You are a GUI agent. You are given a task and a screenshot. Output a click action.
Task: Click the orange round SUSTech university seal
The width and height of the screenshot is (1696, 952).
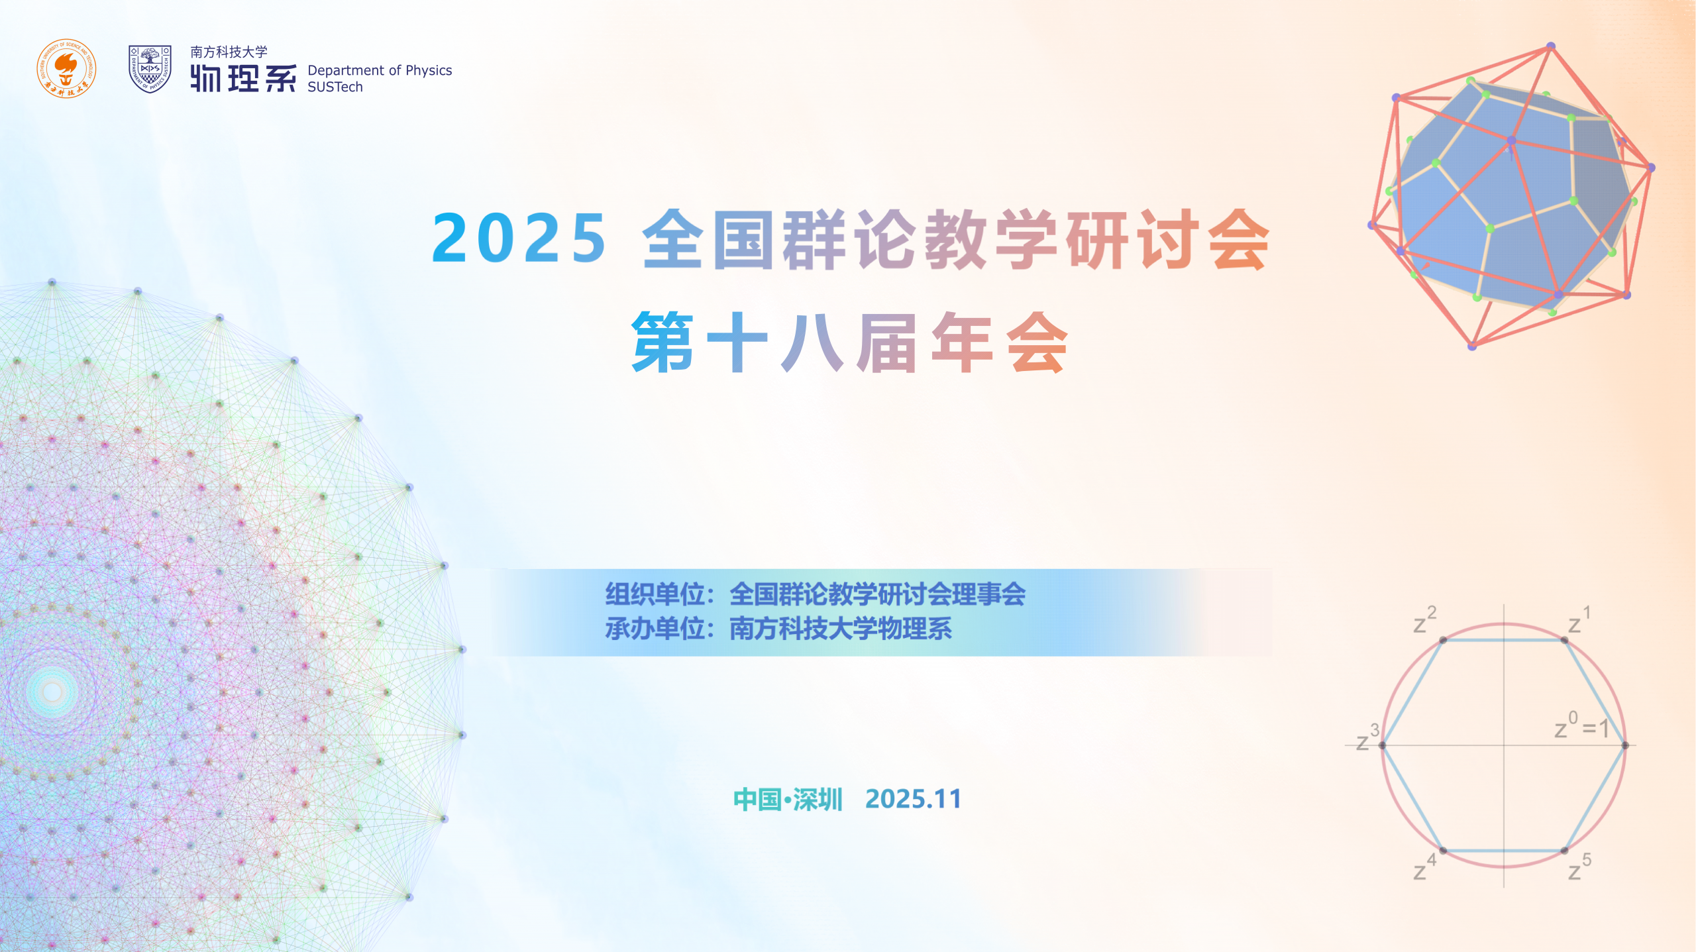tap(66, 68)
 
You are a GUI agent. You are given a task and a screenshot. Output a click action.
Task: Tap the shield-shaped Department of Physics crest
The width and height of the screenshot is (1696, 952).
tap(150, 69)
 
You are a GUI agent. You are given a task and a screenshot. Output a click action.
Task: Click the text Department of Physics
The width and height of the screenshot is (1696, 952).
tap(380, 71)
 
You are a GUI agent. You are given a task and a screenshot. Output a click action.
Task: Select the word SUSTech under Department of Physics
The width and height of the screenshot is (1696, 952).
tap(335, 87)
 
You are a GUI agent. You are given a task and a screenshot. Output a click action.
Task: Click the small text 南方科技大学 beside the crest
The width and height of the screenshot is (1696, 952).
tap(229, 52)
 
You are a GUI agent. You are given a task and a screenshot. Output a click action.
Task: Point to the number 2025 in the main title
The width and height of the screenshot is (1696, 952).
tap(519, 238)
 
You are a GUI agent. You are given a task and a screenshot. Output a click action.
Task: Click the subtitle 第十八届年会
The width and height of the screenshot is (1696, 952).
tap(849, 343)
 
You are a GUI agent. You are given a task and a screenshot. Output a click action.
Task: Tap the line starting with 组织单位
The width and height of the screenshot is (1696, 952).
tap(816, 594)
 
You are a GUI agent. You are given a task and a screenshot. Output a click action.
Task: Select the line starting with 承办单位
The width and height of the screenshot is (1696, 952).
tap(778, 629)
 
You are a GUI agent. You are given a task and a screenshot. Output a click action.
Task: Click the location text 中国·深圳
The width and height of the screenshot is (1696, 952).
tap(788, 800)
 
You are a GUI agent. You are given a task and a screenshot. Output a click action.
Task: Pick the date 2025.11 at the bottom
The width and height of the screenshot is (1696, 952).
tap(913, 799)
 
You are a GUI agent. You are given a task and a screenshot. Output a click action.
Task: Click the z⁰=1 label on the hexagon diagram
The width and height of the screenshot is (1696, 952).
tap(1582, 725)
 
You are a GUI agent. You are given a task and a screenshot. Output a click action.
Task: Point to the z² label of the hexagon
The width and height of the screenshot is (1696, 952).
tap(1425, 620)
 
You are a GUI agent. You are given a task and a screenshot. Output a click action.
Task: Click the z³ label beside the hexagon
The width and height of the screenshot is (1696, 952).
tap(1367, 737)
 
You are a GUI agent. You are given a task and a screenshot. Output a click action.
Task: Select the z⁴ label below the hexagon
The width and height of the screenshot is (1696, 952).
tap(1425, 867)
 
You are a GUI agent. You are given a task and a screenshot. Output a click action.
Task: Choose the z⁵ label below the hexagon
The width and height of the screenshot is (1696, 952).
tap(1579, 867)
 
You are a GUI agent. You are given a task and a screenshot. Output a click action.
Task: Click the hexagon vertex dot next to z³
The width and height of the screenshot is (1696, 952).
tap(1383, 745)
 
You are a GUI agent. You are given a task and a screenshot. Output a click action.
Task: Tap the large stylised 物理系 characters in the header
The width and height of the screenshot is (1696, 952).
tap(243, 78)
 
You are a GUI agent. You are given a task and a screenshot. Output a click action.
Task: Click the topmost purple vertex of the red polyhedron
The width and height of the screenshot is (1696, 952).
tap(1551, 46)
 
